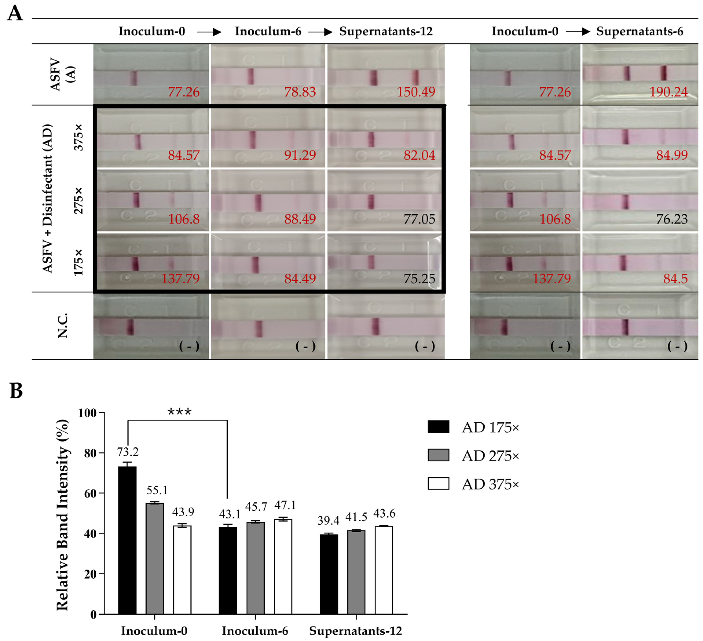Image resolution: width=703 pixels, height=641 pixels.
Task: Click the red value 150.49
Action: (416, 92)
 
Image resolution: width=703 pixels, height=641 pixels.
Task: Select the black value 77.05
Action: (419, 219)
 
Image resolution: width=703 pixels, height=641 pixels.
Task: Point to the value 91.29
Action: (300, 155)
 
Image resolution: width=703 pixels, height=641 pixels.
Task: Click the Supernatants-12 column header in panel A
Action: (386, 31)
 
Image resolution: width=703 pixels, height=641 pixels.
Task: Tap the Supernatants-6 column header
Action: (639, 31)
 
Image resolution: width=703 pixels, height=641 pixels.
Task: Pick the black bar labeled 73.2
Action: (127, 540)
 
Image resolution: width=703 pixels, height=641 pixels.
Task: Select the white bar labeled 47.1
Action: (283, 566)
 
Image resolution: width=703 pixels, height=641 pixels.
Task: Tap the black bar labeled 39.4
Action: (328, 574)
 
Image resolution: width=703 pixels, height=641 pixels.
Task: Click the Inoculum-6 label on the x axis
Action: (255, 630)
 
